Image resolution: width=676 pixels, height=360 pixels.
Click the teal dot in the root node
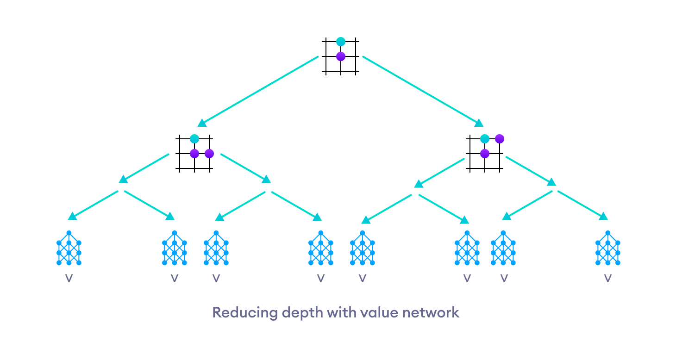341,42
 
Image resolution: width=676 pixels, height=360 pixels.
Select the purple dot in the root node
341,56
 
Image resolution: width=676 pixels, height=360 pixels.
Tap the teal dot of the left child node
194,139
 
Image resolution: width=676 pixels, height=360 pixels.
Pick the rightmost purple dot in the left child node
209,153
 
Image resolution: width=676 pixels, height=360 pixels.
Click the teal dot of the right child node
485,139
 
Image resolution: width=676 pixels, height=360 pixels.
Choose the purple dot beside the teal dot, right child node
499,139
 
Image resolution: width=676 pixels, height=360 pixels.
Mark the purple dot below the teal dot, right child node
485,153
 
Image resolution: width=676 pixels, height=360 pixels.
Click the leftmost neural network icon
69,248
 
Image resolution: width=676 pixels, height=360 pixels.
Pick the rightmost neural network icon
607,248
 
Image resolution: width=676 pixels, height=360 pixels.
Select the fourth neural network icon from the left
320,248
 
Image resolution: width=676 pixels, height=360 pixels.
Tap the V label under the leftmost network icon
69,279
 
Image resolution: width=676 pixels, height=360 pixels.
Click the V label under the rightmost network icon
607,279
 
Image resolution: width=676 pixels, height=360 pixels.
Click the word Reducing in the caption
240,312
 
